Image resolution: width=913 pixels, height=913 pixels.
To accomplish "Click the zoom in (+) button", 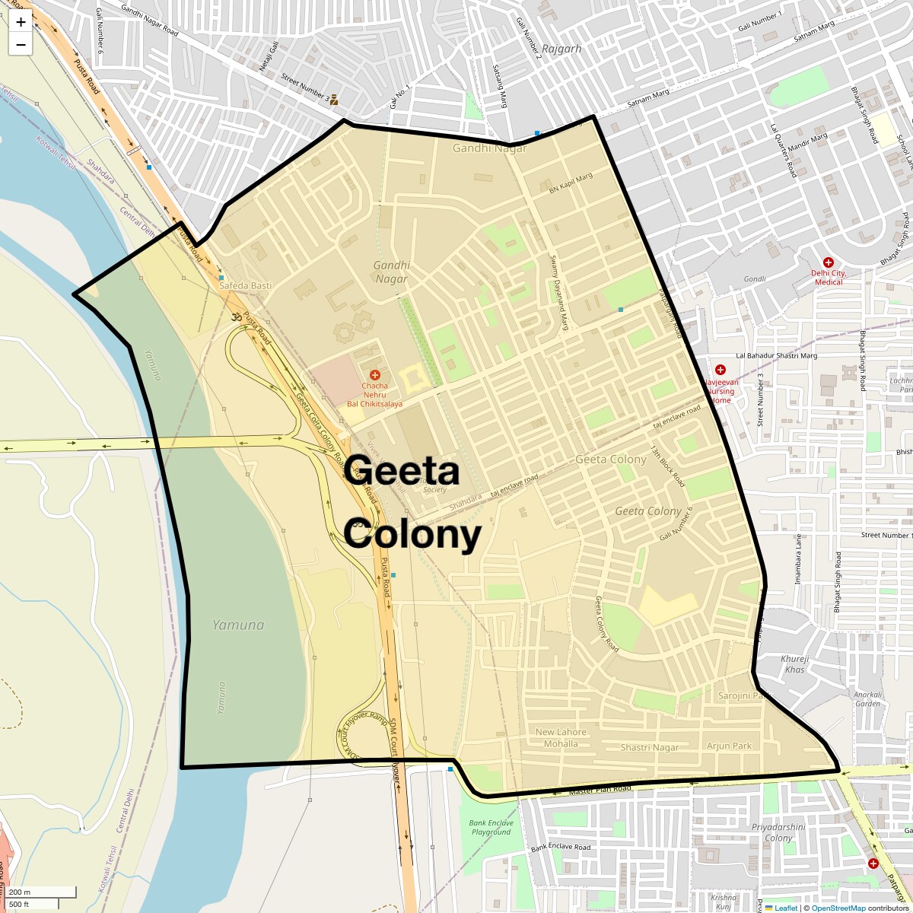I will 21,22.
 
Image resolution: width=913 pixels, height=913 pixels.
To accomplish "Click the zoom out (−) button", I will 21,44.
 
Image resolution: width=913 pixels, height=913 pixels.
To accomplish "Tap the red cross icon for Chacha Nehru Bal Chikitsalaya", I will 374,375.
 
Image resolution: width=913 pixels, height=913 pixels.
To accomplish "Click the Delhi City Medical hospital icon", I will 829,262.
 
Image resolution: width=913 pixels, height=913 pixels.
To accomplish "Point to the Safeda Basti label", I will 245,285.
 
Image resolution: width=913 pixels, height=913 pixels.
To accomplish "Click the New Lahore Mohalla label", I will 561,738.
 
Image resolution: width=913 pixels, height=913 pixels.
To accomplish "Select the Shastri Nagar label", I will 649,747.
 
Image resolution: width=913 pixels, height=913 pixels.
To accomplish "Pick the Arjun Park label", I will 729,746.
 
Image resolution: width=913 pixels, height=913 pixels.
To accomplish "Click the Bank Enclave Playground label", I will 491,827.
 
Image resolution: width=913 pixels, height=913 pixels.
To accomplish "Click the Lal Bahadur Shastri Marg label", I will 776,355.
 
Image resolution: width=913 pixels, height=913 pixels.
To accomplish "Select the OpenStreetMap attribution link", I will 838,908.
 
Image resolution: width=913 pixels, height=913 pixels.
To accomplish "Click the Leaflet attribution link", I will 785,908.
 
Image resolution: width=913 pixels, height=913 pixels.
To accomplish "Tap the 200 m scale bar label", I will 21,892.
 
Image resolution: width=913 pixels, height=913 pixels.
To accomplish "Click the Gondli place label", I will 755,279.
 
